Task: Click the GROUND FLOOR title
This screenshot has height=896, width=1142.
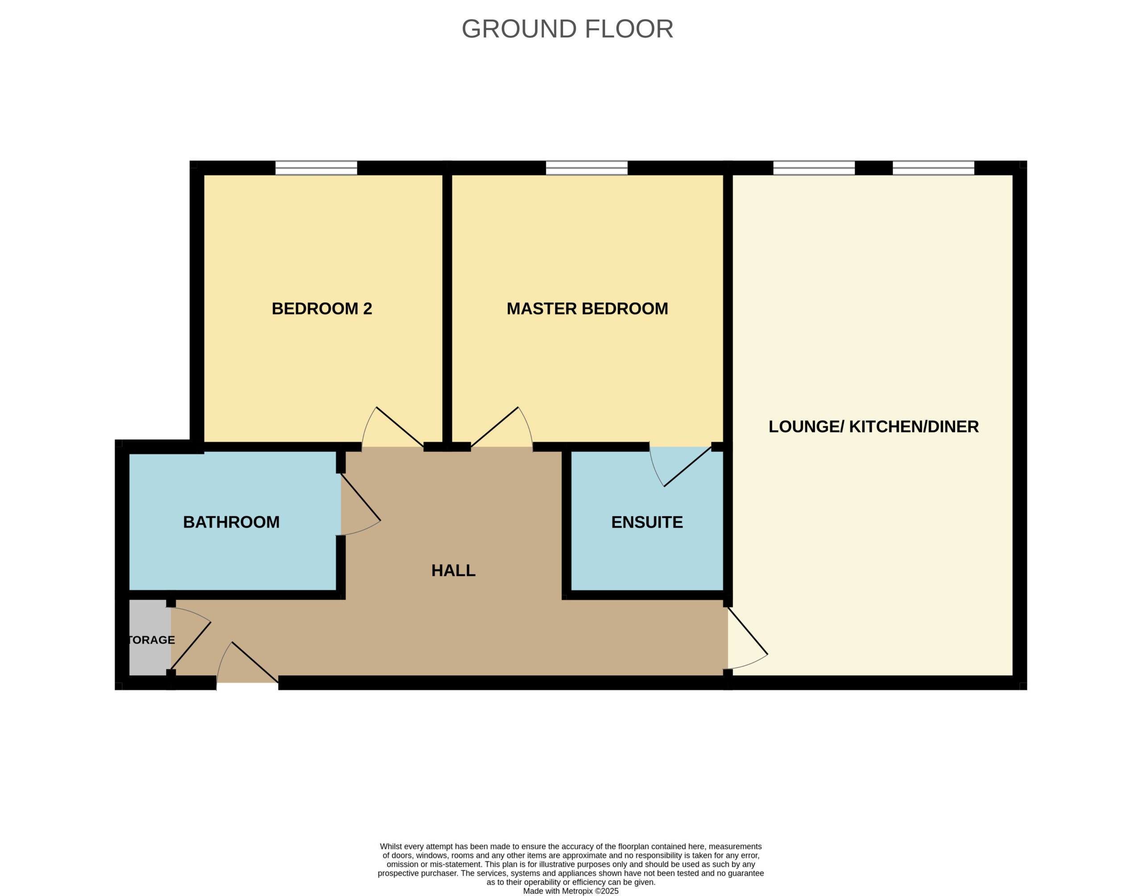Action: point(567,29)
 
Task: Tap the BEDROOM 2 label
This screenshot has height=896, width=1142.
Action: point(322,308)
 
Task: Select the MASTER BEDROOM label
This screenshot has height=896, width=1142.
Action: point(587,308)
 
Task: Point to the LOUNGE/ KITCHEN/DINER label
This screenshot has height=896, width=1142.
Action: point(873,427)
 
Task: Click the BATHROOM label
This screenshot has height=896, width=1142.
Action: point(231,522)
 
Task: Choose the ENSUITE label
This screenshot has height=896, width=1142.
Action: point(646,522)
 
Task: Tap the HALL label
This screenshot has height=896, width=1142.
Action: point(453,570)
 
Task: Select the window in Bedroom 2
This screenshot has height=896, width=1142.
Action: point(316,168)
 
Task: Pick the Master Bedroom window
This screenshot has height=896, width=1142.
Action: point(586,168)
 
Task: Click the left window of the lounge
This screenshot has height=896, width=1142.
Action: point(814,168)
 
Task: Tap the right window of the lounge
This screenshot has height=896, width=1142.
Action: point(933,168)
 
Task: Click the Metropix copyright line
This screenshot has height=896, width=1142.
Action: point(571,891)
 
